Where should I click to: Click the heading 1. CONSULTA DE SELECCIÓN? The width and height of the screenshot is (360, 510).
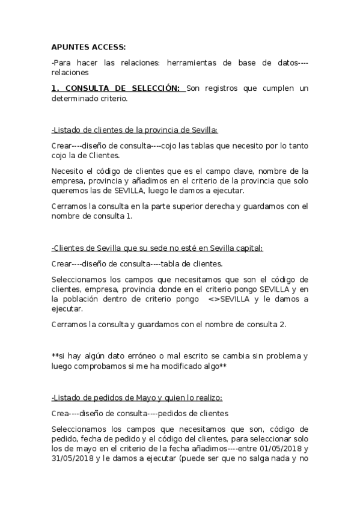pos(115,88)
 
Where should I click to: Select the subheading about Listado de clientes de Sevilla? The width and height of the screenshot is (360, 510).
pos(135,129)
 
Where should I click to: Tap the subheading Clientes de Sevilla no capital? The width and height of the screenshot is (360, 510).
pos(157,248)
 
